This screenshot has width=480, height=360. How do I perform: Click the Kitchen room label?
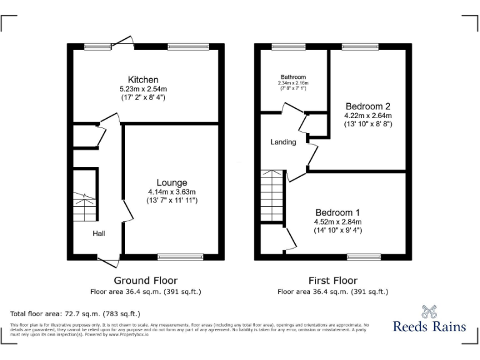(x=143, y=79)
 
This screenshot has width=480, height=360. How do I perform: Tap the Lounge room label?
(x=172, y=182)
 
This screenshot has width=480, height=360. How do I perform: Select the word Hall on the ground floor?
(x=99, y=233)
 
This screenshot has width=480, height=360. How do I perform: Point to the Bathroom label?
(x=293, y=77)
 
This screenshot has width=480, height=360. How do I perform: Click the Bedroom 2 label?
(x=367, y=106)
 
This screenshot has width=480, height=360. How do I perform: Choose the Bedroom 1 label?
(x=337, y=211)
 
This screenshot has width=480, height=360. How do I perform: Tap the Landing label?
(x=283, y=142)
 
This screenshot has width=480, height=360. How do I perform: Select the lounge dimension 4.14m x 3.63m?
(x=172, y=192)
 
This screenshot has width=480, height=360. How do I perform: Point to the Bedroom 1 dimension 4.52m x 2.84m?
(x=337, y=221)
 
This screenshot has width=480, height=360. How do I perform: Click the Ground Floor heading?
(x=146, y=281)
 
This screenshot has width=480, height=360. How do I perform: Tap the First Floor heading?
(x=333, y=281)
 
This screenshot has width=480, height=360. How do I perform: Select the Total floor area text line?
(x=76, y=313)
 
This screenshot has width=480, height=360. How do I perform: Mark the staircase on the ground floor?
(x=84, y=207)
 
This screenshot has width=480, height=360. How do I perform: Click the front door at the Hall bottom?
(x=108, y=258)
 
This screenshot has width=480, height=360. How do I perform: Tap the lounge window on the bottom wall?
(x=180, y=256)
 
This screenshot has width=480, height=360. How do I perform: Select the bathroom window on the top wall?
(x=288, y=46)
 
